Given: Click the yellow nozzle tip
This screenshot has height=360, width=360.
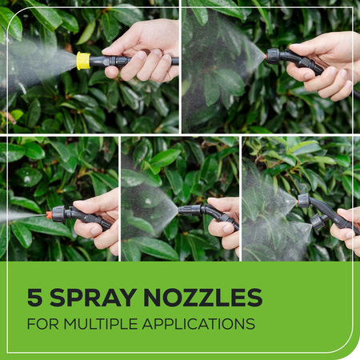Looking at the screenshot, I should (83, 60).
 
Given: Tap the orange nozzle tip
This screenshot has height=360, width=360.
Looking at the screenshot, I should (50, 215).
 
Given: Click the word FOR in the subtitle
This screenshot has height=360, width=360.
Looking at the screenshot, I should (42, 325).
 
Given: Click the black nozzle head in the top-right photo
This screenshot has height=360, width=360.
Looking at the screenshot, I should (274, 56).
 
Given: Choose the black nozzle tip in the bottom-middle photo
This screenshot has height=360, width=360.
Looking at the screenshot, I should (186, 210).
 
